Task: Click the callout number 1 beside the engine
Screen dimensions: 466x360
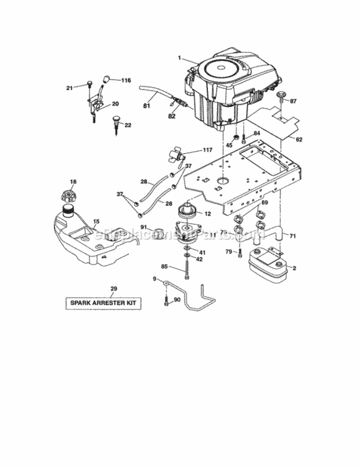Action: click(179, 58)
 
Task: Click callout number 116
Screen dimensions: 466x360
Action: click(126, 81)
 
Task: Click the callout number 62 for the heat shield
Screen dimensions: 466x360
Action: click(299, 139)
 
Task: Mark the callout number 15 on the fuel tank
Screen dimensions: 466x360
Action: click(96, 221)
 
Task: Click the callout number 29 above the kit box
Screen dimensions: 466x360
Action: click(113, 288)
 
